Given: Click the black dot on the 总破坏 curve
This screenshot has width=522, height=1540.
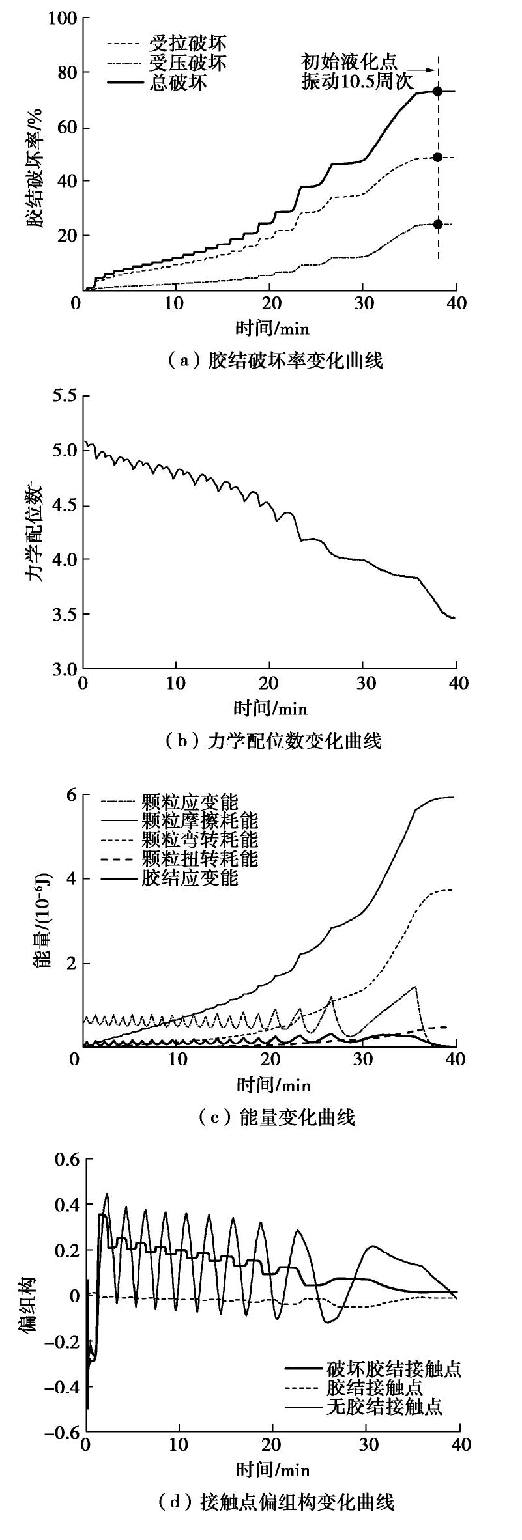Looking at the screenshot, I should (x=438, y=91).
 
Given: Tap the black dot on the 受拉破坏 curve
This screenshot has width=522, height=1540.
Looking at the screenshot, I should (x=438, y=157).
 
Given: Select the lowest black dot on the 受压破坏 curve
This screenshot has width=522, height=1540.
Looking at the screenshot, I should (x=438, y=224).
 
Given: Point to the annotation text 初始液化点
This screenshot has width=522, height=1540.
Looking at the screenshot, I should (x=349, y=62).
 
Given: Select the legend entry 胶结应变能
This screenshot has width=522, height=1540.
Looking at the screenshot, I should (x=189, y=877).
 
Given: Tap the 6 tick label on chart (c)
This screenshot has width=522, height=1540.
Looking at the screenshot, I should (x=70, y=795).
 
